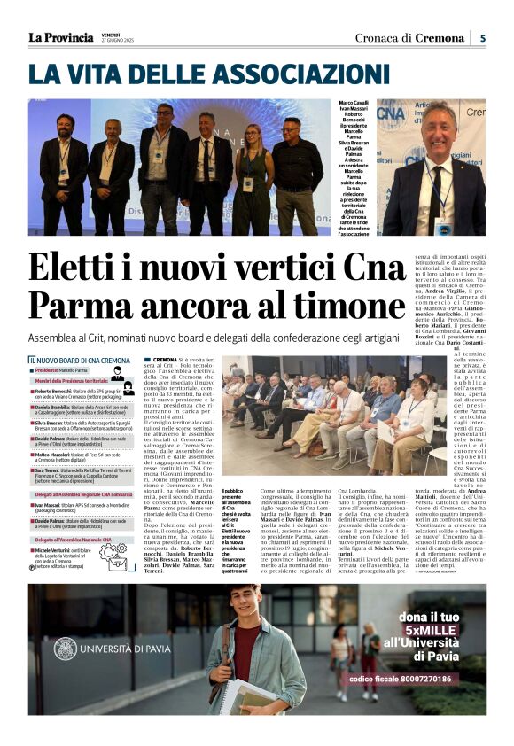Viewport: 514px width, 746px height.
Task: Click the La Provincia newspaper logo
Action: point(60,37)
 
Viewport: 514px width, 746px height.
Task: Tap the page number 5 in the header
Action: point(483,38)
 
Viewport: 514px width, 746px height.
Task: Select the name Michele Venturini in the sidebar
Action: point(57,549)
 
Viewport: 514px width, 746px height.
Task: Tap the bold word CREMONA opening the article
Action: point(164,361)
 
